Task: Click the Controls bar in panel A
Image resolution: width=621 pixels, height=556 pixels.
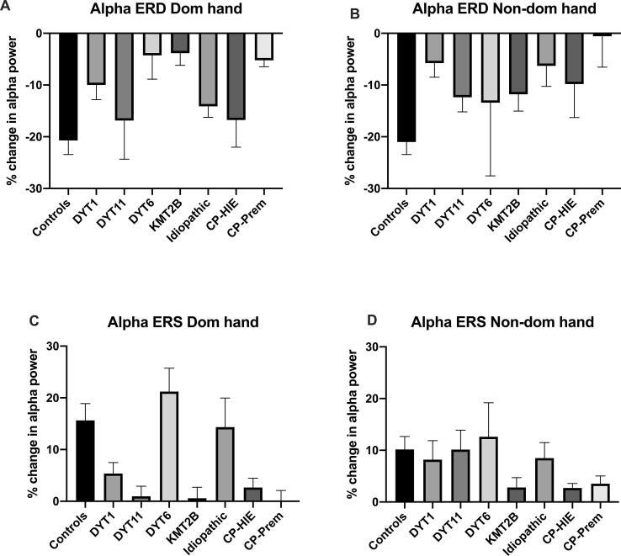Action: pos(68,87)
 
